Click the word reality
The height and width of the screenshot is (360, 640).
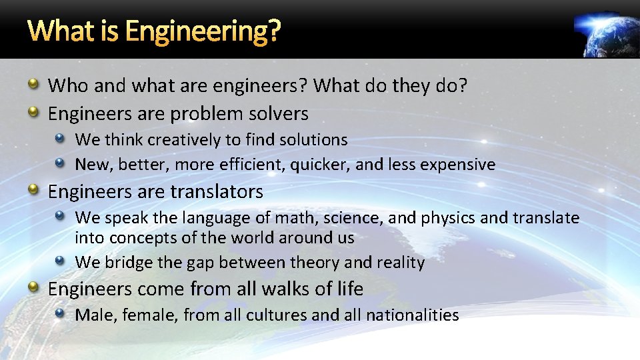[400, 263]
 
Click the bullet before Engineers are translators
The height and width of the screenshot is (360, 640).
[33, 191]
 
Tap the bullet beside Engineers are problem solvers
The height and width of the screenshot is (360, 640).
[33, 113]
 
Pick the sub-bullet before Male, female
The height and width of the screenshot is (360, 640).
[60, 313]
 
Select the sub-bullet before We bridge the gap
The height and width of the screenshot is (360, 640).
[60, 261]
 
